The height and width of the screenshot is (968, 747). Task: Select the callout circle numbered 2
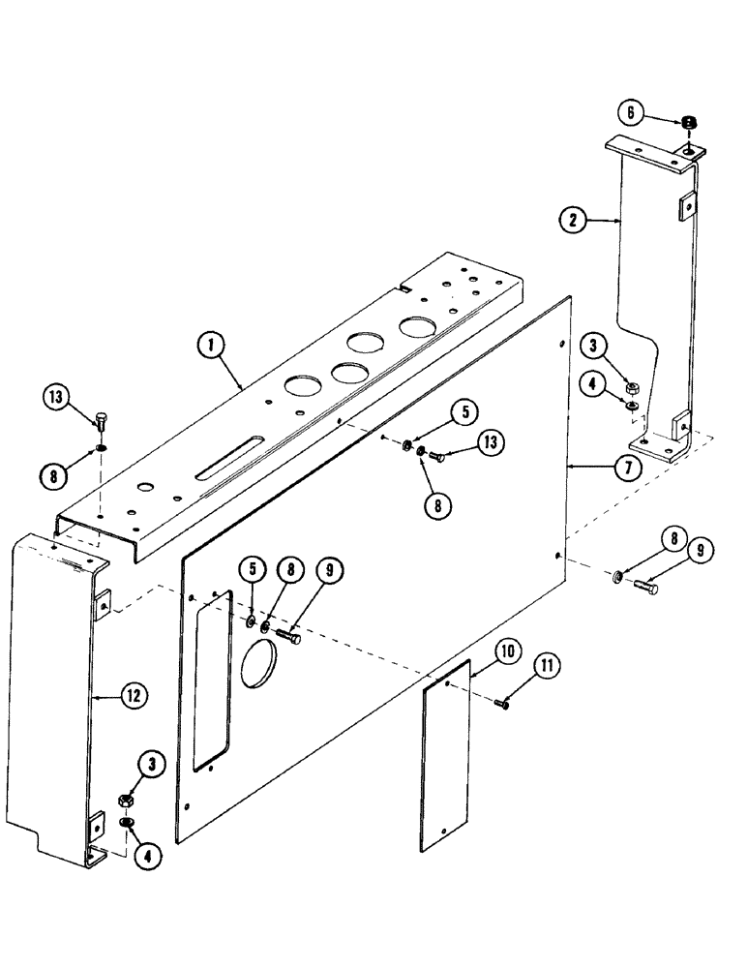pos(573,221)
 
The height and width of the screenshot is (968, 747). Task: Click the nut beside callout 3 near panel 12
pos(126,801)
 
